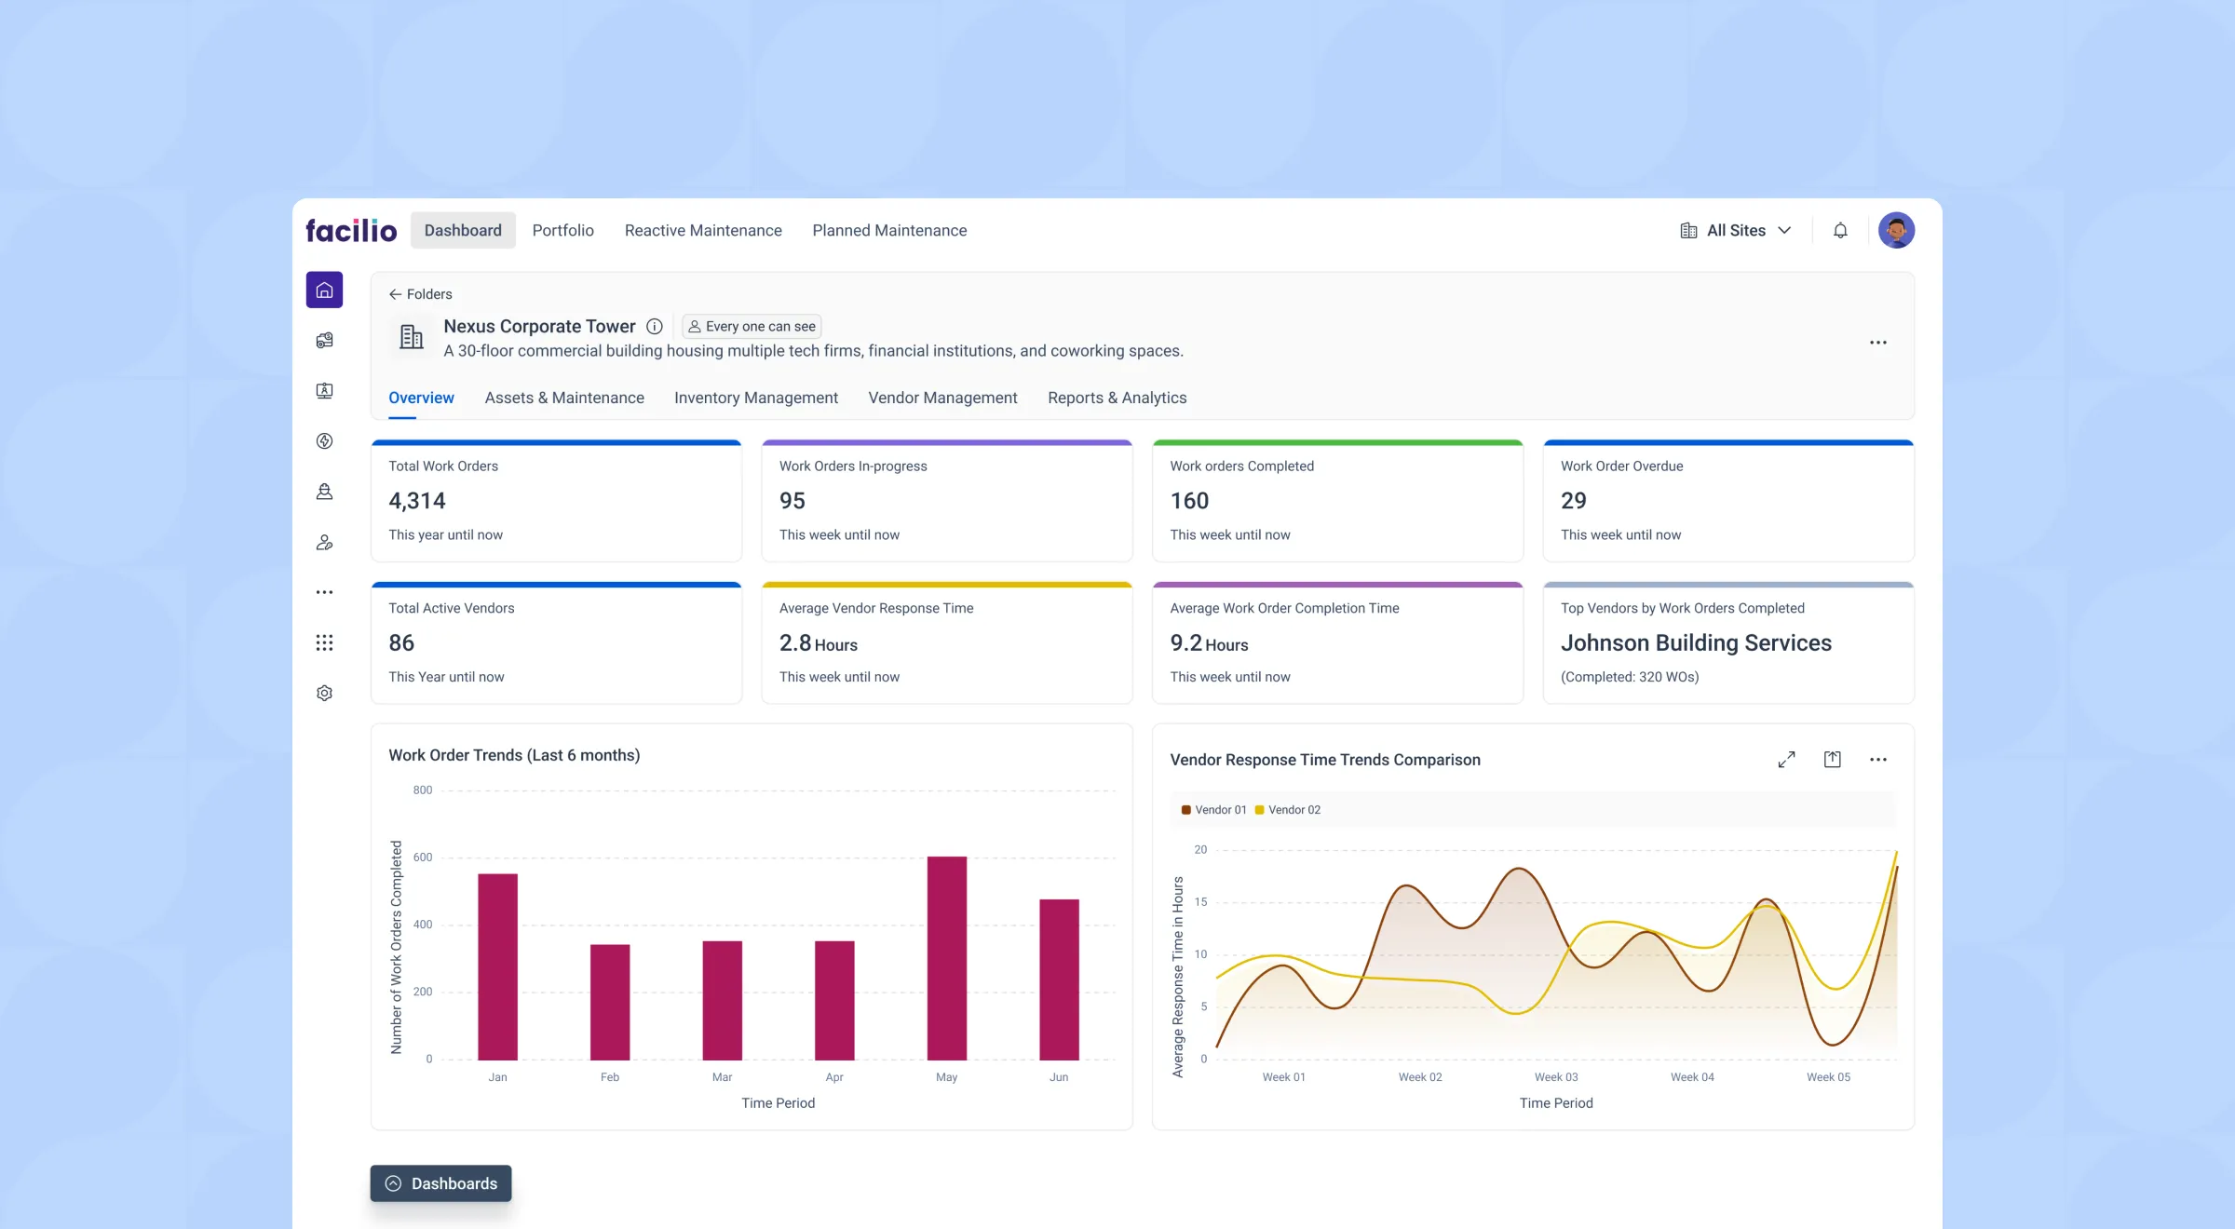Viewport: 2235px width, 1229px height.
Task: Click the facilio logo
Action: pos(351,230)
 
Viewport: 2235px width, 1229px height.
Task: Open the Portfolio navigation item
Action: pos(562,230)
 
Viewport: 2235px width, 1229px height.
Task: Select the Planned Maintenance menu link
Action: pos(889,230)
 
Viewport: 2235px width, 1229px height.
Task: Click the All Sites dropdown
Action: pos(1736,230)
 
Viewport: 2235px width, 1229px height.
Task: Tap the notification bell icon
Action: pos(1840,230)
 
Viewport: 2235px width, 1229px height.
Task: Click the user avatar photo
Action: pos(1896,230)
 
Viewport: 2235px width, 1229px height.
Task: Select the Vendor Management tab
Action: pos(942,398)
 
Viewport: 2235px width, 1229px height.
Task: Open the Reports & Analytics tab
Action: pos(1117,398)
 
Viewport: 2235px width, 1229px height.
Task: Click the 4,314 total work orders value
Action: pos(417,501)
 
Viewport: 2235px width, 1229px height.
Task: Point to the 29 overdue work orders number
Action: pos(1573,501)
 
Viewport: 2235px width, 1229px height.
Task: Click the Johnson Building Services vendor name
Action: pos(1696,642)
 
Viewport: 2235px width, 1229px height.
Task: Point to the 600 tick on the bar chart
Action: pos(423,858)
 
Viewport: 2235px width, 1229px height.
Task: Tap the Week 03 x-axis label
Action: pos(1556,1077)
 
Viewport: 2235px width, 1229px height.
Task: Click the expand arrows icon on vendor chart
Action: pos(1786,760)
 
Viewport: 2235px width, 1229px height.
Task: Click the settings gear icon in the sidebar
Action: pos(324,693)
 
